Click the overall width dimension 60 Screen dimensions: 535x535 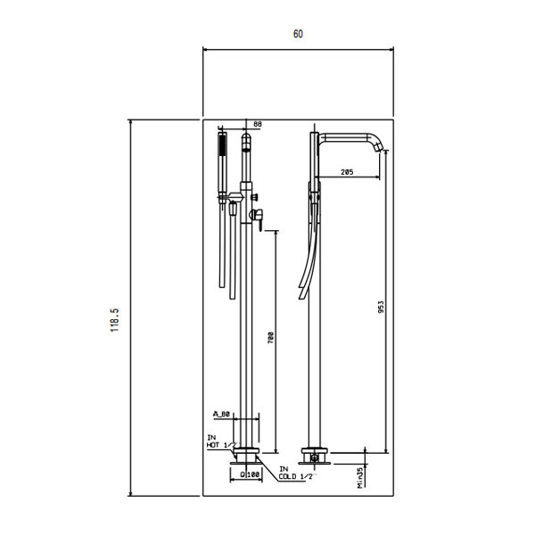click(298, 34)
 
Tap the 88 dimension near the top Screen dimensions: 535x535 click(258, 124)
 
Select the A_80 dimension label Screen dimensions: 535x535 click(221, 414)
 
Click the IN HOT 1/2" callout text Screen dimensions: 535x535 click(219, 440)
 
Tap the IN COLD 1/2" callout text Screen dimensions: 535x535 click(295, 473)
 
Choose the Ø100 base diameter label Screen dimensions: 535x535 click(250, 475)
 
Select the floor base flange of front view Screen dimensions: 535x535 click(248, 454)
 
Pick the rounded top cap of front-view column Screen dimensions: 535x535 click(248, 139)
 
